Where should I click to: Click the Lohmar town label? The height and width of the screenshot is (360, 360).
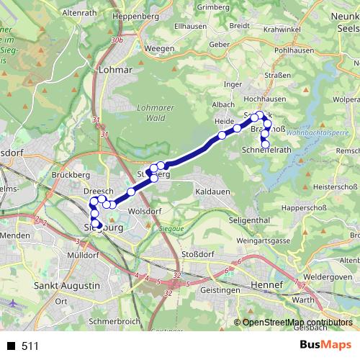point(118,70)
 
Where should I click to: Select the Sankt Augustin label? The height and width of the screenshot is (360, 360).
point(68,286)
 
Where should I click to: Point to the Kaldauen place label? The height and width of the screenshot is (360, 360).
point(213,193)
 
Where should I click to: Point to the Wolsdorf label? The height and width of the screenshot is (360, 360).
point(144,211)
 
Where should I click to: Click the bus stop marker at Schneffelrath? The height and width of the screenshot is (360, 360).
point(265,145)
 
